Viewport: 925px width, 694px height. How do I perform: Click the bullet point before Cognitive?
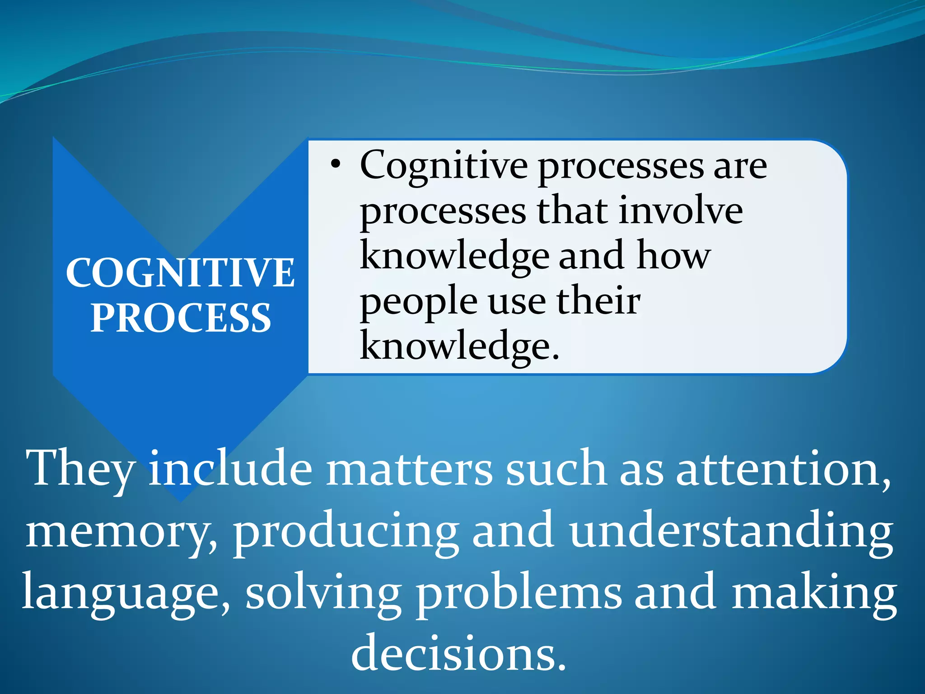click(335, 165)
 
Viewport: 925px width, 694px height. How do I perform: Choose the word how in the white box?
click(674, 255)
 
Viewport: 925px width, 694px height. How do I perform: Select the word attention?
click(783, 469)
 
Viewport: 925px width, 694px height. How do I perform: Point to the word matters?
click(409, 469)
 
